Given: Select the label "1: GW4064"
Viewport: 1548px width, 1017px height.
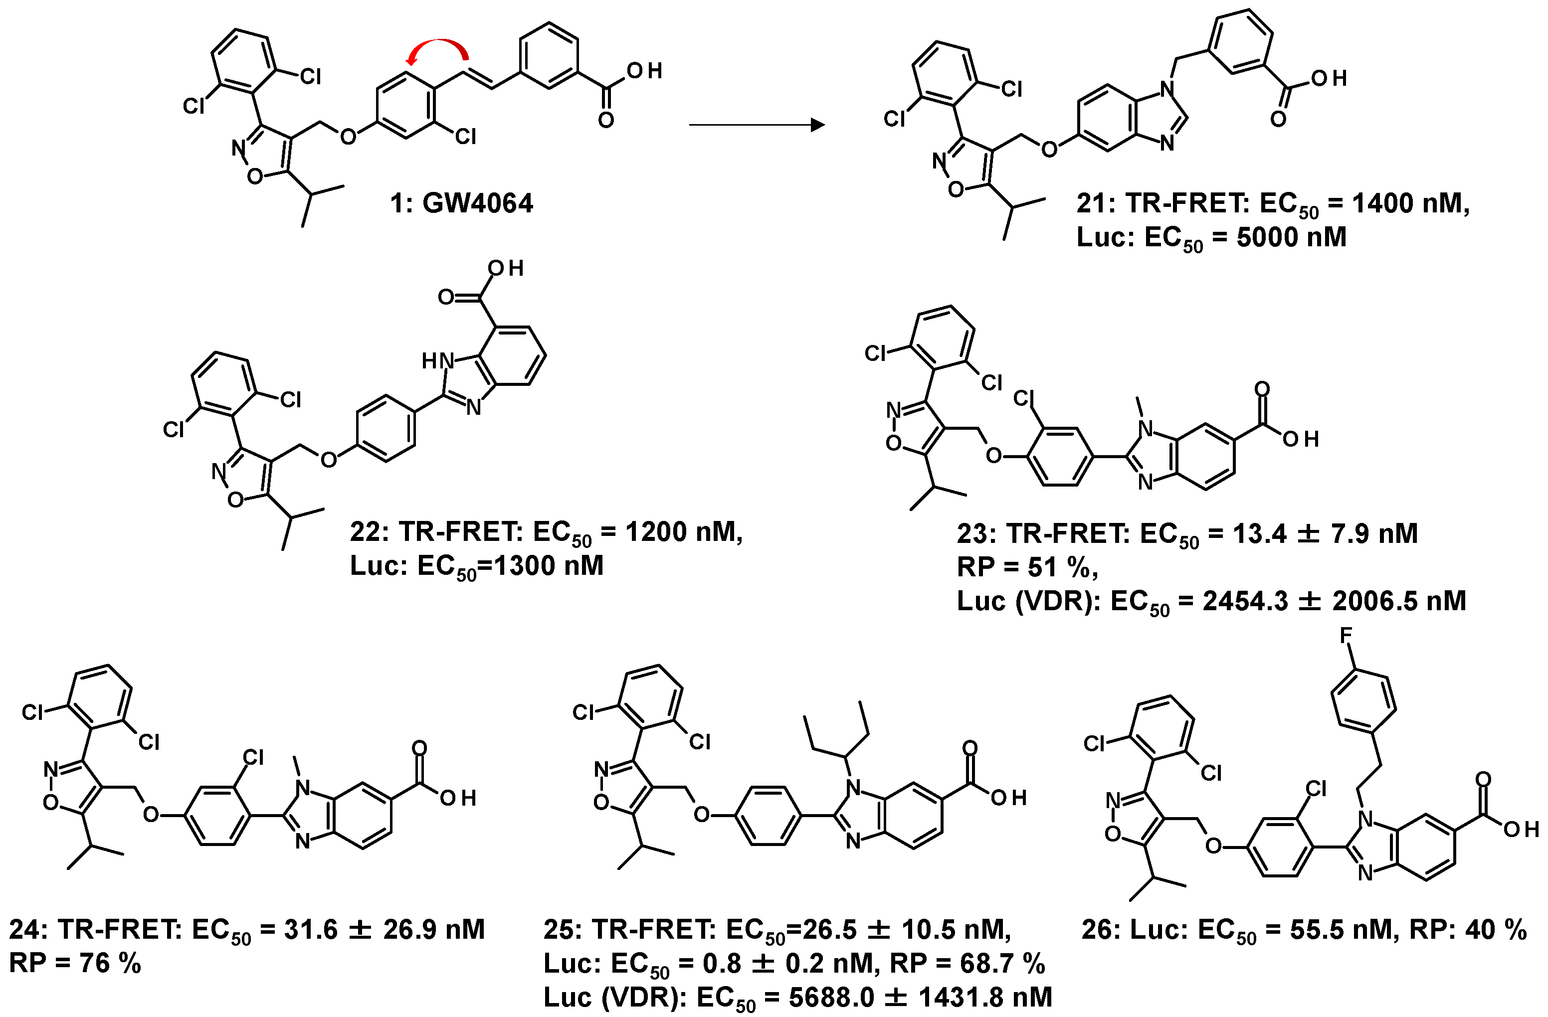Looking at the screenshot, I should tap(461, 203).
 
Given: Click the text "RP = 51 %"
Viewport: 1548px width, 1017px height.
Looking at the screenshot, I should tap(1027, 568).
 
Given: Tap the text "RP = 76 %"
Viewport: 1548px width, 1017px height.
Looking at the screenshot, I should tap(75, 963).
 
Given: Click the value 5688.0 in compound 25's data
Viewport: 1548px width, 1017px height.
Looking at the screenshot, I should tap(830, 997).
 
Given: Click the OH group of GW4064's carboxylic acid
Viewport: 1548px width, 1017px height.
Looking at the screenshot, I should tap(644, 71).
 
